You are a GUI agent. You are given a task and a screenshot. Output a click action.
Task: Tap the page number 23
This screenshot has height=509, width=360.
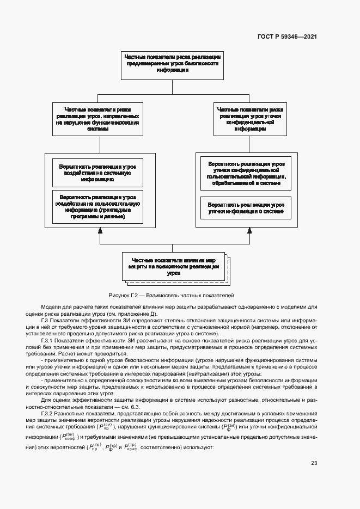[314, 464]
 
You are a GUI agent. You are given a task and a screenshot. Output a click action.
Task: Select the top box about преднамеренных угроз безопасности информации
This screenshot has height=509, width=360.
[172, 64]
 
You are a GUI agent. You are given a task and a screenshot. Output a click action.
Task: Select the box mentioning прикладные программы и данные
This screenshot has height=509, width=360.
[97, 206]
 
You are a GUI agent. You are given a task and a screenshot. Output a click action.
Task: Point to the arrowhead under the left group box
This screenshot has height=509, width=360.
[100, 231]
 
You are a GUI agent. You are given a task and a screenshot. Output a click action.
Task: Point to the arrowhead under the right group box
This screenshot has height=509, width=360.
[249, 231]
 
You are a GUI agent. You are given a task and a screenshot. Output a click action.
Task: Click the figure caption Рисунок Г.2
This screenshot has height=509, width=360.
[172, 295]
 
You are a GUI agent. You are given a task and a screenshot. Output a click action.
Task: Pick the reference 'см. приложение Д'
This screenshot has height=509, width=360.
[133, 314]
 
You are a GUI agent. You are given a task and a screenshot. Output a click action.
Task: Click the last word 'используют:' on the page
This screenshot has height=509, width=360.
[201, 448]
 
